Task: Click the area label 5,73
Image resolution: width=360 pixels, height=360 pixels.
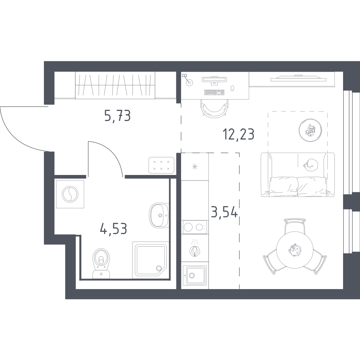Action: coord(118,116)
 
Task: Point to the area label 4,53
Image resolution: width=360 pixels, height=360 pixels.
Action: coord(114,229)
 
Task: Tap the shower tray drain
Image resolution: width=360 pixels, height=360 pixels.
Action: coord(159,268)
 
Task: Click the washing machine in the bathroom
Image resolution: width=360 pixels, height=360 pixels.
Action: coord(70,194)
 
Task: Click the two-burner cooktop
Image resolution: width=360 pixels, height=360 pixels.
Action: coord(195,227)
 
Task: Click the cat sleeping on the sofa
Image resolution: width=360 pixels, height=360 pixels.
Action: coord(310,165)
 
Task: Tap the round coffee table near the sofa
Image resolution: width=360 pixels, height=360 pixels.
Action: coord(310,130)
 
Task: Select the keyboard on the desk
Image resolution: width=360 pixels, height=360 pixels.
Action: coord(214,92)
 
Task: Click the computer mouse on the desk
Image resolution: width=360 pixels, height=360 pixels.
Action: coord(232,88)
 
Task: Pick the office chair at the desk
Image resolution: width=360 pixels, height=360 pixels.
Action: coord(215,108)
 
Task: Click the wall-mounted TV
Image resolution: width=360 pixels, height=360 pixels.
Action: coord(298,79)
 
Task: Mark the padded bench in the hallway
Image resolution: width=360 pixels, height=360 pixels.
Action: coord(161,165)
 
